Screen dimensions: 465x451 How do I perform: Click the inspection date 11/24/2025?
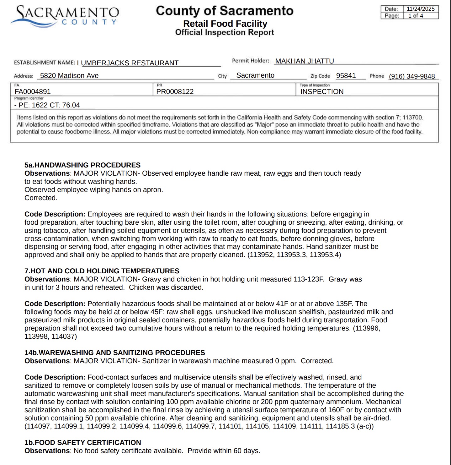tap(421, 9)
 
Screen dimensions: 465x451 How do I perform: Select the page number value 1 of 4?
tap(416, 16)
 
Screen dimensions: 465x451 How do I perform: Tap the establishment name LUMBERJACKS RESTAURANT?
tap(128, 63)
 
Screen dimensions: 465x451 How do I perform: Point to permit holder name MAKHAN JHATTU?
tap(305, 61)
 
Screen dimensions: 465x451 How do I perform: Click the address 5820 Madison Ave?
tap(69, 76)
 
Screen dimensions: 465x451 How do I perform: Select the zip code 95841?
tap(346, 76)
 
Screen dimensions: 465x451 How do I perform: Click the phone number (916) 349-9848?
tap(412, 76)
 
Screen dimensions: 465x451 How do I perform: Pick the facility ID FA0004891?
tap(33, 92)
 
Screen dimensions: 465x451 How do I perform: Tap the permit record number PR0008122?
tap(175, 92)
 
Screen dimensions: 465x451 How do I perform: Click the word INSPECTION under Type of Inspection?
tap(322, 92)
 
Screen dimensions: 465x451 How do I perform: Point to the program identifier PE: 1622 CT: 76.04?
tap(47, 105)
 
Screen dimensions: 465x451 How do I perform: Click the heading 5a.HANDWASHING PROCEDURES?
tap(82, 165)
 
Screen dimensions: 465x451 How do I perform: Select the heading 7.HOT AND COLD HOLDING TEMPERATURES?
tap(102, 271)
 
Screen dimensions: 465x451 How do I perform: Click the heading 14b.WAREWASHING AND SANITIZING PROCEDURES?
tap(115, 353)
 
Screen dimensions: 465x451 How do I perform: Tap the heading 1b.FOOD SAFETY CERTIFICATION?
tap(83, 443)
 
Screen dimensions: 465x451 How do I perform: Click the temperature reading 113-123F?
tap(309, 279)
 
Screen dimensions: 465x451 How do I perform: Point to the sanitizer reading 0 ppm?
tap(285, 361)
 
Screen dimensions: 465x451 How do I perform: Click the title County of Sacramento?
tap(225, 11)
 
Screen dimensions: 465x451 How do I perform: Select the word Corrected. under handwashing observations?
tap(41, 198)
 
